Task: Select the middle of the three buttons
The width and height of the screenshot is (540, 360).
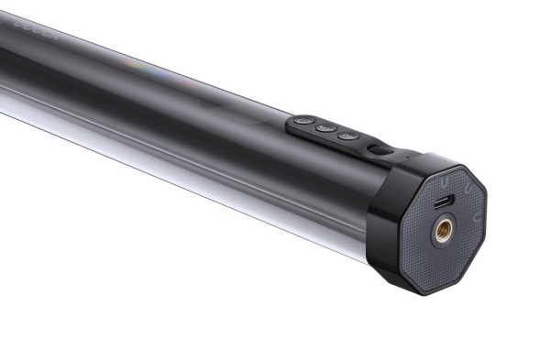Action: point(324,128)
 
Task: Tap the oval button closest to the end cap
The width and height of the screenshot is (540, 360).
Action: point(346,136)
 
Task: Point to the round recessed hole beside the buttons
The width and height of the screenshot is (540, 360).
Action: point(374,148)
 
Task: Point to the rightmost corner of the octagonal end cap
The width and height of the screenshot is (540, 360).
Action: point(486,195)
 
